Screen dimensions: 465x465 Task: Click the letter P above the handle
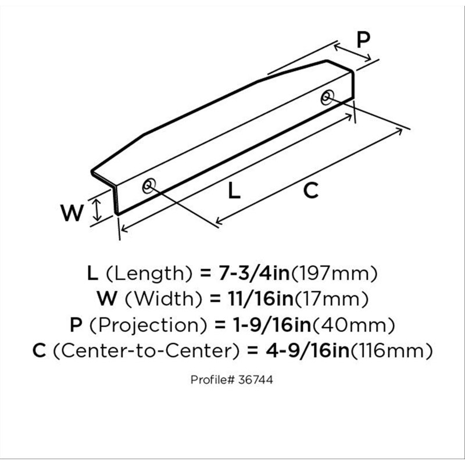click(363, 40)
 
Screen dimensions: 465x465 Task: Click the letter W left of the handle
click(71, 213)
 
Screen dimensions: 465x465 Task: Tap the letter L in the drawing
click(234, 191)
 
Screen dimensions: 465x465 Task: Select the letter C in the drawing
click(311, 191)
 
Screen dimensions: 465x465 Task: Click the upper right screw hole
click(327, 97)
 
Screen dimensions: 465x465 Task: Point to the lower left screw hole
click(149, 186)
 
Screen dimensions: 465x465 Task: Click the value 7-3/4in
click(254, 273)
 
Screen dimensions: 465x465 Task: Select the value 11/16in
click(260, 299)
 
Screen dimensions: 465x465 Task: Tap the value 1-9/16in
click(272, 325)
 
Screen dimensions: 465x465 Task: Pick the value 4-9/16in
click(307, 350)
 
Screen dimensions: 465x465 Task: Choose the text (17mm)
click(331, 299)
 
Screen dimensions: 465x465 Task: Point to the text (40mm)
click(353, 325)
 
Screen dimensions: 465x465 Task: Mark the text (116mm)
click(391, 350)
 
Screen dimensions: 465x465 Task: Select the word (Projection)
click(148, 325)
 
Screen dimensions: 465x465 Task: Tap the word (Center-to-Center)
click(146, 351)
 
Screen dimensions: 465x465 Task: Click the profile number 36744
click(255, 380)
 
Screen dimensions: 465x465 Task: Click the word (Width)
click(164, 299)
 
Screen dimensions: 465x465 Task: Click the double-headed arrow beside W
click(96, 210)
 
